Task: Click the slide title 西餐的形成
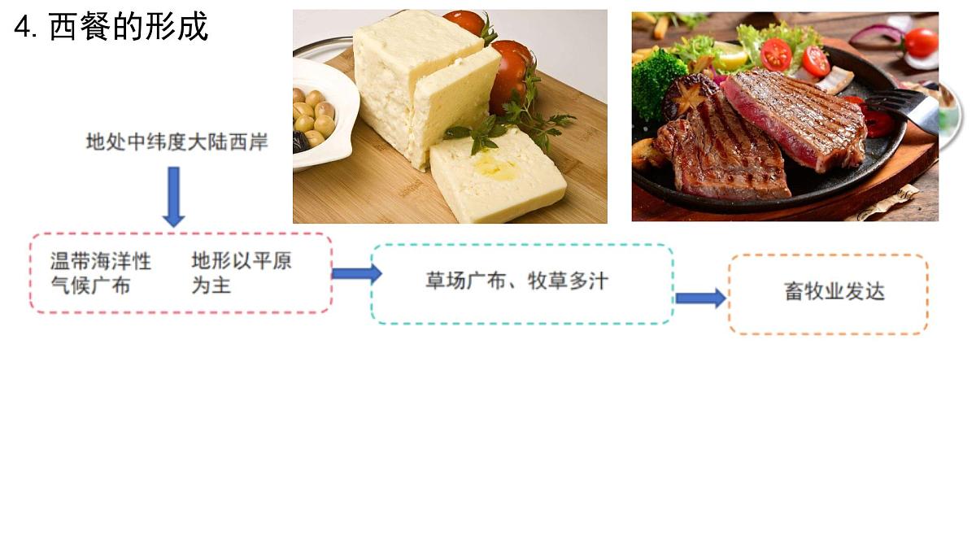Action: [129, 27]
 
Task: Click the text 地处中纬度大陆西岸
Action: [177, 142]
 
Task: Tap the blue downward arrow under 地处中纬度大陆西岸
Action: [174, 197]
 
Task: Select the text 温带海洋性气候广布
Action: [101, 273]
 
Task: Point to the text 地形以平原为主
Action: [242, 273]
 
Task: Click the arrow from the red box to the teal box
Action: [357, 273]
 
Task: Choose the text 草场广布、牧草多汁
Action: [516, 281]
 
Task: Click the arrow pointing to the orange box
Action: [701, 298]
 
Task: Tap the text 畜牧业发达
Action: [834, 291]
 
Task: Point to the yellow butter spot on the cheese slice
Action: [495, 168]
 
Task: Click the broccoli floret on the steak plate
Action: [657, 84]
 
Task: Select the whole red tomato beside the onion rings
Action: [921, 42]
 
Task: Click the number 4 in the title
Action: [22, 28]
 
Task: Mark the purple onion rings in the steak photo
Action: [876, 35]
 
